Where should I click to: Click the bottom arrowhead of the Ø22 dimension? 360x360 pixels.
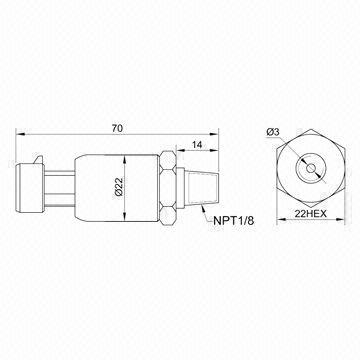point(124,208)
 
